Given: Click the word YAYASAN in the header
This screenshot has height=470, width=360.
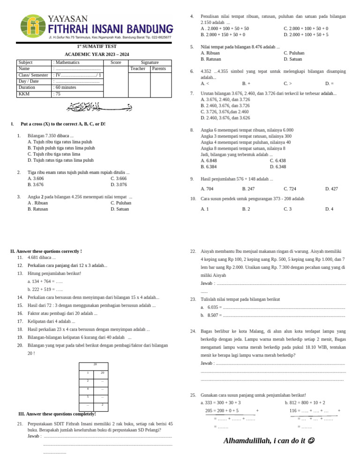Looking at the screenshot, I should tap(67, 19).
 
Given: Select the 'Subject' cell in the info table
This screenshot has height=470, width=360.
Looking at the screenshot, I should tap(25, 62).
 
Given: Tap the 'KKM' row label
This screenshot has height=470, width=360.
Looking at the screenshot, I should tap(23, 94).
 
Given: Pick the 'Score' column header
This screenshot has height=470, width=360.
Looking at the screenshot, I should tap(116, 62).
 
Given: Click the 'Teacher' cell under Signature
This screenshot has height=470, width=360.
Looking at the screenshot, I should tap(138, 69).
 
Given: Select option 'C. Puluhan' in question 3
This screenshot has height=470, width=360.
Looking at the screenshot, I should tap(121, 203).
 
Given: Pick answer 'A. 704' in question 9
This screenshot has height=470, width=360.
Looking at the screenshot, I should tap(207, 189).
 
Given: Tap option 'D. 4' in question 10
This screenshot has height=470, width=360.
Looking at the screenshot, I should tap(329, 209).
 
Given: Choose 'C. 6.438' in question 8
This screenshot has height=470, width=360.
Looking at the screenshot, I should tap(277, 160).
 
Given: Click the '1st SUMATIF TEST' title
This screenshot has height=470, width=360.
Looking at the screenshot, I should tap(90, 46).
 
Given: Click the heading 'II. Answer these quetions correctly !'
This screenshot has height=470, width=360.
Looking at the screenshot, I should tap(46, 251).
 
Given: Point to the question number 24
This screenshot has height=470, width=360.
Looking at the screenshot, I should tap(193, 331).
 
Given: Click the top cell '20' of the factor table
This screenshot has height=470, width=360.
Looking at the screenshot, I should tap(95, 364).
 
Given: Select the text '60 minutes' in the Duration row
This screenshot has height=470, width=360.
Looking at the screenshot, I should tap(68, 87).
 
